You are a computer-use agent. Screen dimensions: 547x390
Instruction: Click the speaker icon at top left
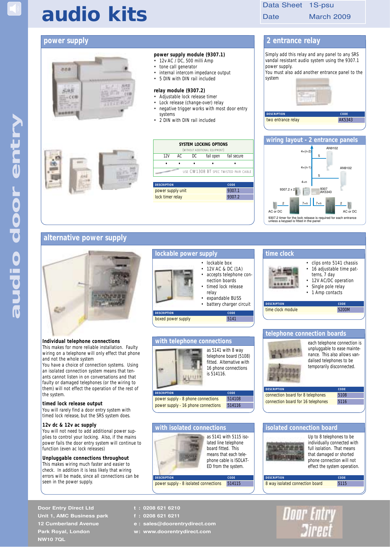14,9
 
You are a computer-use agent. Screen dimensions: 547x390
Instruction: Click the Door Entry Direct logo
309,522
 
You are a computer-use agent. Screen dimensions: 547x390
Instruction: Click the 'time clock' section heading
280,254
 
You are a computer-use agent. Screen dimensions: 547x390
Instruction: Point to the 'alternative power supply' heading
85,238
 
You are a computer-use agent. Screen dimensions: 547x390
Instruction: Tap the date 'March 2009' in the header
330,17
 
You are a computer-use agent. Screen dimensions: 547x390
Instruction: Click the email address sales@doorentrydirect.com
179,524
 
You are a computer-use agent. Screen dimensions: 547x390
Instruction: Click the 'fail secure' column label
235,156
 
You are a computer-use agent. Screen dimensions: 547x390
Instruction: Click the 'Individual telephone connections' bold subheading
81,341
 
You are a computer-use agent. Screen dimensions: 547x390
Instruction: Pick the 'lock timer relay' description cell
169,197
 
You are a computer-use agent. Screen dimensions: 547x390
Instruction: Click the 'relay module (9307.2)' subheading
179,91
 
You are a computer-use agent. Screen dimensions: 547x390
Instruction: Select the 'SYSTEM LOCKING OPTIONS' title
203,145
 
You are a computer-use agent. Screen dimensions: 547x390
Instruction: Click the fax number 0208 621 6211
161,516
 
